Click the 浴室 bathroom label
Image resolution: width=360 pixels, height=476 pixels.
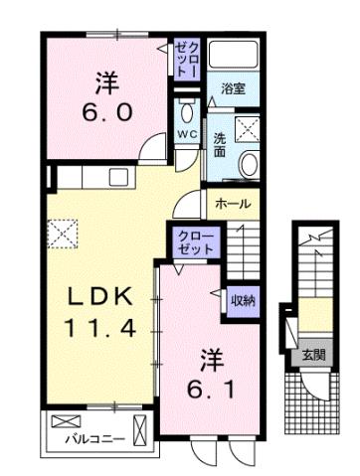[234, 87]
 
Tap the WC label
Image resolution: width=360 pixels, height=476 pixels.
[187, 133]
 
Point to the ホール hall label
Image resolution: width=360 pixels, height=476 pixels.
[233, 204]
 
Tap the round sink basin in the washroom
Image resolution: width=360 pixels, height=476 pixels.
[248, 166]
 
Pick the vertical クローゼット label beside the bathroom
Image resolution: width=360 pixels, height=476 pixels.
[186, 62]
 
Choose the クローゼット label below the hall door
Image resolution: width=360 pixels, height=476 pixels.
[193, 241]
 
